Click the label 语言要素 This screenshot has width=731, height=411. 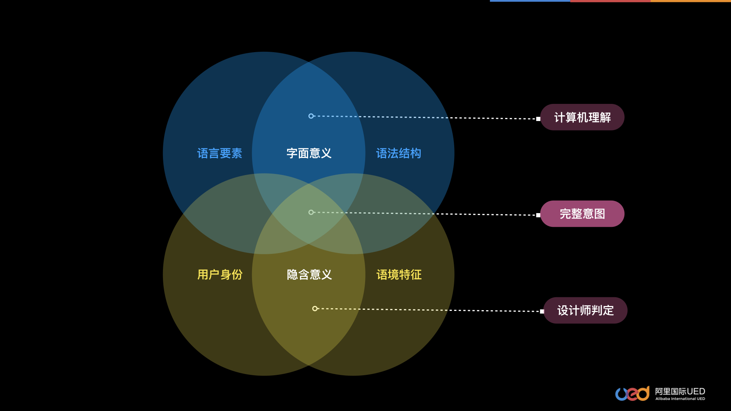point(220,153)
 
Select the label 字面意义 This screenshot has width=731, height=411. point(309,153)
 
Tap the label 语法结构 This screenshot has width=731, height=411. point(399,153)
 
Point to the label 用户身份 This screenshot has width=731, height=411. point(220,275)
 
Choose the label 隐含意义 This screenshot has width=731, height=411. point(309,275)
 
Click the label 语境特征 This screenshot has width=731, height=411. point(399,275)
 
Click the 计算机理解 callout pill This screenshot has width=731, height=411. point(582,117)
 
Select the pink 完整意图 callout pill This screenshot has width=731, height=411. point(582,214)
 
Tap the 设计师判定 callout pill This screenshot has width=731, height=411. point(585,311)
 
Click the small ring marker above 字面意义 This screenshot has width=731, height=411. point(311,116)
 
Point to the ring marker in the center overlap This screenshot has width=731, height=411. point(311,212)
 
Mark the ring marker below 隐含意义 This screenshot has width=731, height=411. point(315,309)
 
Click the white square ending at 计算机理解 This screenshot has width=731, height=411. point(538,119)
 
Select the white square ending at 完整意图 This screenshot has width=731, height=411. point(538,215)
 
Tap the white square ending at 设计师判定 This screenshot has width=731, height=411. point(542,311)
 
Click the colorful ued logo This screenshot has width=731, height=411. point(632,393)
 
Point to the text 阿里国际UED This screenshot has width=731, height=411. point(680,391)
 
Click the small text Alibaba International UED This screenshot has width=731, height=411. point(680,399)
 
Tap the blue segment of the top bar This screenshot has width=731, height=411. point(530,1)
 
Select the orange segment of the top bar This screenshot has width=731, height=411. point(691,1)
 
